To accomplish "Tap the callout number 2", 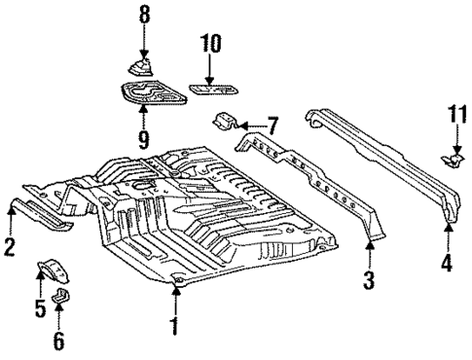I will click(10, 248).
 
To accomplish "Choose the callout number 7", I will click(272, 126).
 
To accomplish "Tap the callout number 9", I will click(144, 140).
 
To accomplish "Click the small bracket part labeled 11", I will click(453, 158).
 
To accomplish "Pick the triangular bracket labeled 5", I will click(51, 268).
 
